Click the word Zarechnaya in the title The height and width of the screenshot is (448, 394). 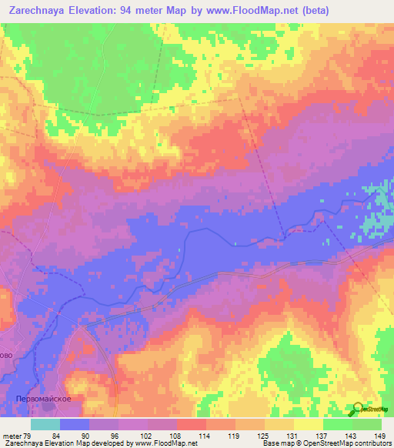coord(38,11)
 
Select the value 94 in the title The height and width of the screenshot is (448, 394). coord(145,11)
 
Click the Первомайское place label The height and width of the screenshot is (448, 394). coord(44,399)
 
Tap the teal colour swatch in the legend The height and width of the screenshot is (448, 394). coord(45,424)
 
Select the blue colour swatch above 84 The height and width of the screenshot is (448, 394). coord(75,424)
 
